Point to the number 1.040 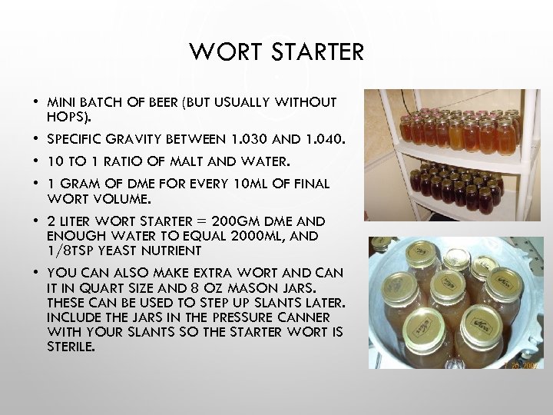(x=324, y=141)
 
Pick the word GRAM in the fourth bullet (x=80, y=184)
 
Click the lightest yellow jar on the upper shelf (x=456, y=136)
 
